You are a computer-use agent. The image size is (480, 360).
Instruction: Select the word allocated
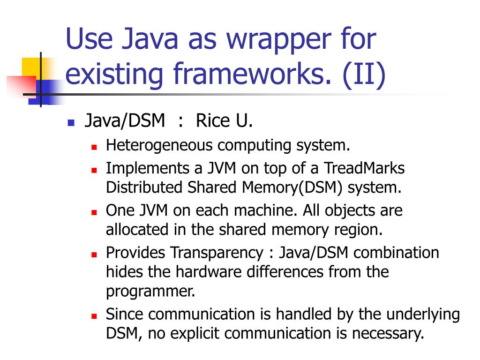coord(133,230)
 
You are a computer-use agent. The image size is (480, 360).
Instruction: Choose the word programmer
coord(150,291)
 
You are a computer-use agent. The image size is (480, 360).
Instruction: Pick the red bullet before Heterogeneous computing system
coord(94,147)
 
